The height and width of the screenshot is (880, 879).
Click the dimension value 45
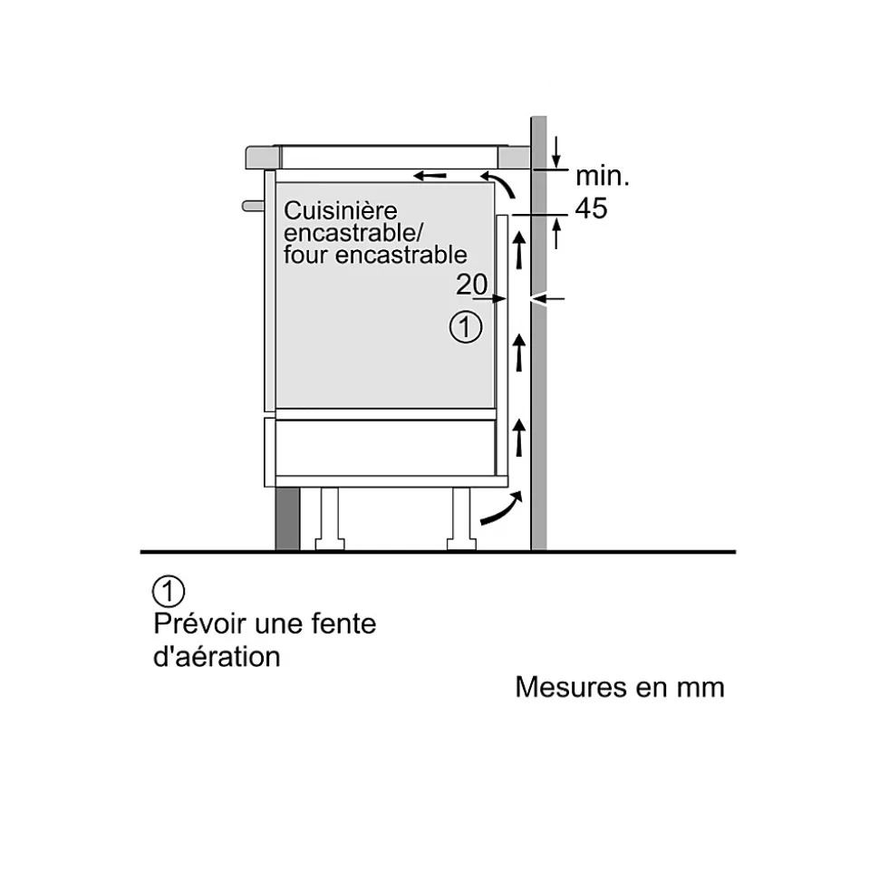[592, 208]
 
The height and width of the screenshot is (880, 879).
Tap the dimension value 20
[471, 285]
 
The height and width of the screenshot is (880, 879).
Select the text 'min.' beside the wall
[602, 176]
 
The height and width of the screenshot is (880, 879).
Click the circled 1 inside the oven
[466, 327]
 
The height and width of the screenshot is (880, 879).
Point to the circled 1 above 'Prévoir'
[169, 592]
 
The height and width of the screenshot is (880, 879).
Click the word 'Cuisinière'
[328, 210]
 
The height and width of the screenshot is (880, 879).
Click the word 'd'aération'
[217, 657]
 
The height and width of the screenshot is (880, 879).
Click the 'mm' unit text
[701, 688]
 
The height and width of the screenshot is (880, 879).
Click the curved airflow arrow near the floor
[501, 509]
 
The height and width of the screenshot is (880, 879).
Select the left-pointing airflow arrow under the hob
[430, 174]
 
